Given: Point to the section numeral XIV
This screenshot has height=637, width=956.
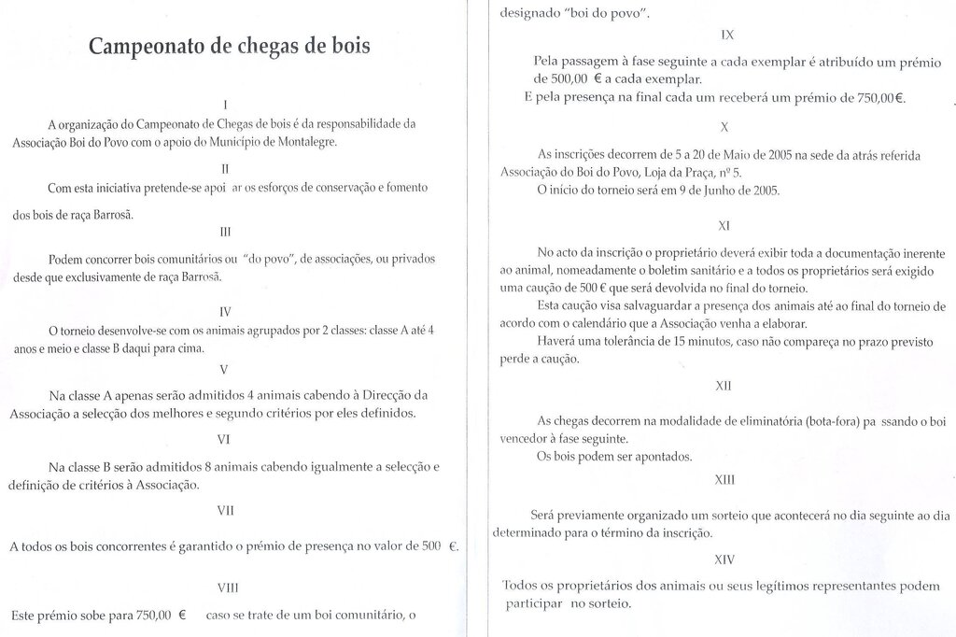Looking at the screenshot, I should pos(724,559).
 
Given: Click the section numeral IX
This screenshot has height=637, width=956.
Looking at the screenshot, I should pos(728,35).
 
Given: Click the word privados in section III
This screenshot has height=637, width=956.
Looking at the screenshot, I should pos(408,258).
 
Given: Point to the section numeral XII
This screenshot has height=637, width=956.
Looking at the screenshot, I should pos(724,384).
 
